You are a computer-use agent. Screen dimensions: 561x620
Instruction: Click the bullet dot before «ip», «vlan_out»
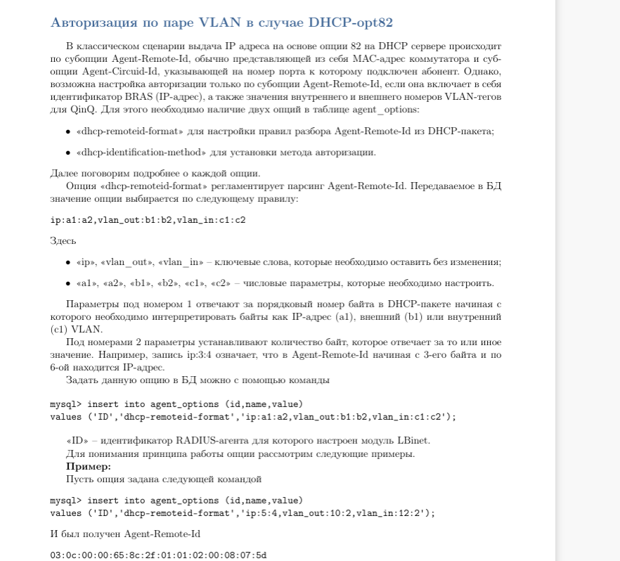pos(68,262)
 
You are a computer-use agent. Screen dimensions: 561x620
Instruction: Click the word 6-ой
pos(61,367)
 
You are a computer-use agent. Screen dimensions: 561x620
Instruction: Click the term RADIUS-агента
pos(207,440)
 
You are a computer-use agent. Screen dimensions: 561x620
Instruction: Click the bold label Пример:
pos(89,466)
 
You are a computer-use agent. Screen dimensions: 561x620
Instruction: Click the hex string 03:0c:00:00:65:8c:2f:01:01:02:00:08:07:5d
pos(158,555)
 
